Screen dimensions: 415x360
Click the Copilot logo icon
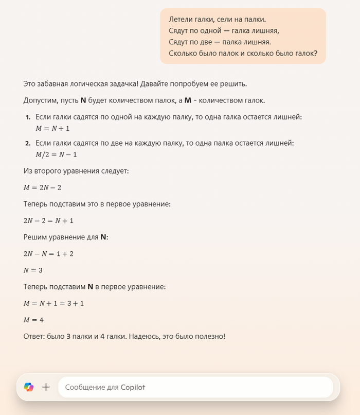(x=28, y=387)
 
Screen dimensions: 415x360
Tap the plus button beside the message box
(x=46, y=387)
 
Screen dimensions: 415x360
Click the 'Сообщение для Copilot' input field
(x=195, y=387)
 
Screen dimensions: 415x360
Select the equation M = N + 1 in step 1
(x=52, y=128)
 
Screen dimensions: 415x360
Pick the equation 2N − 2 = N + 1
(x=48, y=220)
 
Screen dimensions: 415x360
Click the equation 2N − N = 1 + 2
(x=48, y=253)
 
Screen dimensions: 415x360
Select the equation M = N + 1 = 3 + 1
(x=53, y=303)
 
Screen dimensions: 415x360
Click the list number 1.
(x=28, y=117)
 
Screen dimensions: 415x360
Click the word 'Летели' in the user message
(x=181, y=20)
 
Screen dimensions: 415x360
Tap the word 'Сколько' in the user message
(x=184, y=53)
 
